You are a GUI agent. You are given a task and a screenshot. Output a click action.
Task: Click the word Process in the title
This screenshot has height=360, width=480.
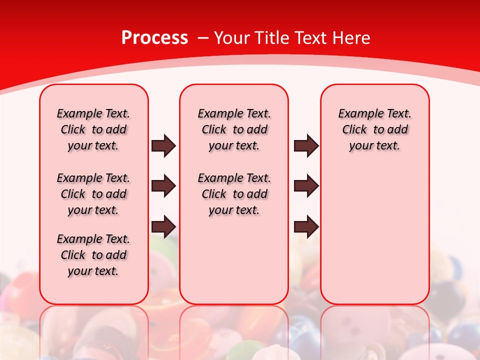click(x=154, y=38)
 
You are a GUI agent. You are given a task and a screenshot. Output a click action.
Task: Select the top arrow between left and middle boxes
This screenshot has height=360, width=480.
click(x=163, y=145)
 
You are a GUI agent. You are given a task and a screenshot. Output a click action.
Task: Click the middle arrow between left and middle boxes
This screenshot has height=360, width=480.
click(x=163, y=186)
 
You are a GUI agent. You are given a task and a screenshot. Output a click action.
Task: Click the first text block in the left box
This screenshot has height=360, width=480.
click(x=93, y=129)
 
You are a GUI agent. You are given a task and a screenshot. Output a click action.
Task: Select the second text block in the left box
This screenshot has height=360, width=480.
click(x=93, y=194)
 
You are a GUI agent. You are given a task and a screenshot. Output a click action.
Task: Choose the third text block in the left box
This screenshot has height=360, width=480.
click(x=93, y=255)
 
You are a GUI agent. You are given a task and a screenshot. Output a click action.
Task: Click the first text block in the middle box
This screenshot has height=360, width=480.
click(x=234, y=129)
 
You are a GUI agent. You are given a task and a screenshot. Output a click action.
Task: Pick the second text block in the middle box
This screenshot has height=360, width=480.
click(x=234, y=194)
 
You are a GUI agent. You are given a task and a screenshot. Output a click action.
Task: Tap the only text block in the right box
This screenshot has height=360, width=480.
click(x=374, y=129)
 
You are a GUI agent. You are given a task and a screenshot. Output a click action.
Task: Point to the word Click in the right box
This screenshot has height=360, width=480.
click(x=354, y=130)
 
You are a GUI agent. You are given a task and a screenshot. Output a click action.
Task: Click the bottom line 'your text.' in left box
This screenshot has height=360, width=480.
click(x=93, y=271)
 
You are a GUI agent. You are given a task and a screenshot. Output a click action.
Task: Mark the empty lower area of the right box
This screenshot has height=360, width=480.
click(x=374, y=235)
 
